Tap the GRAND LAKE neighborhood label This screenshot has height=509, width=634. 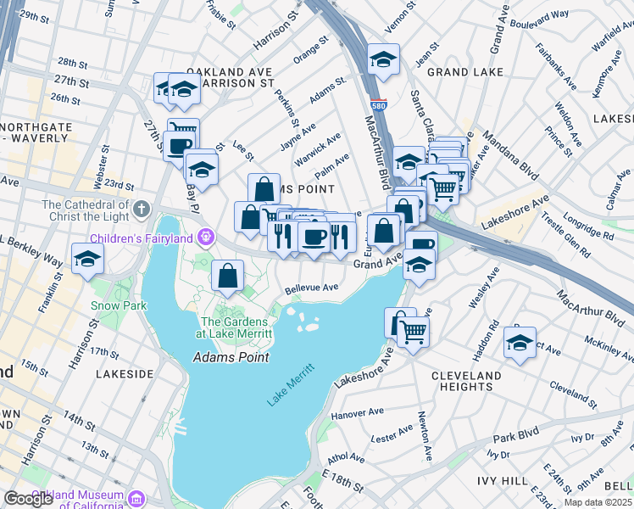point(459,73)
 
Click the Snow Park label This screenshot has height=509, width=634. point(119,305)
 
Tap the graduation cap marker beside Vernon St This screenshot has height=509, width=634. point(383,60)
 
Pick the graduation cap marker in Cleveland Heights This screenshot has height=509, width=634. point(520,343)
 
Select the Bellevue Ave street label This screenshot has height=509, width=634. point(311,288)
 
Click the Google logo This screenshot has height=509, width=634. point(28,499)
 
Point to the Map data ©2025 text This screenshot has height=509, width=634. point(598,502)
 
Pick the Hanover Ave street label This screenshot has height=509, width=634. point(358,414)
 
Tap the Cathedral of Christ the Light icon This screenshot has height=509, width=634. point(141,207)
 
